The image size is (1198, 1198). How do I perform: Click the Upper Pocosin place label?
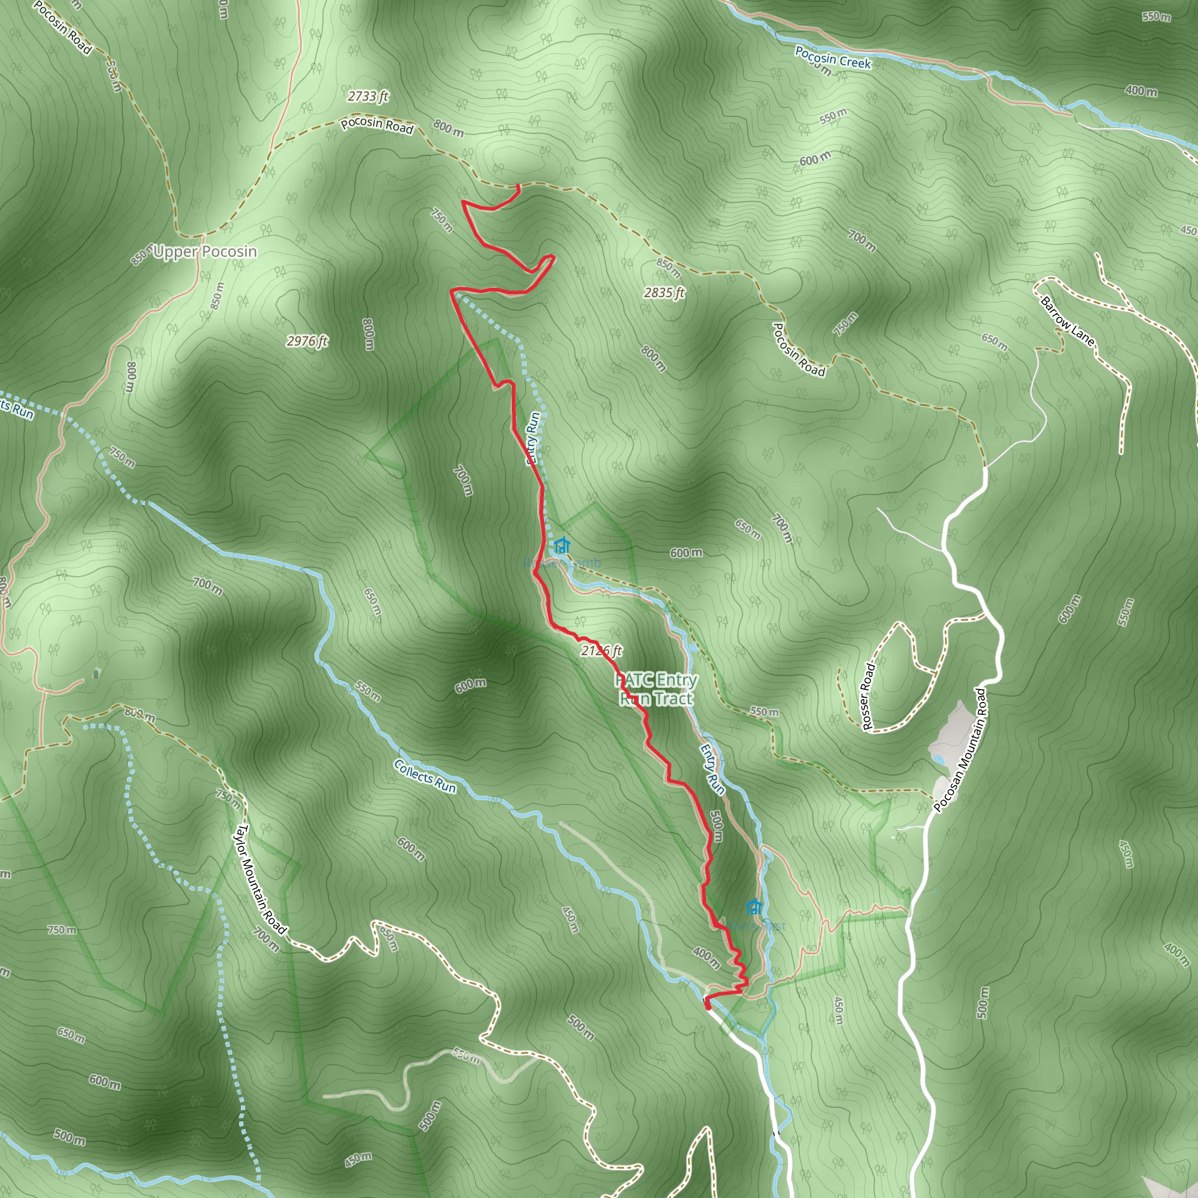point(205,252)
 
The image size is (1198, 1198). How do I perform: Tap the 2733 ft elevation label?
point(368,96)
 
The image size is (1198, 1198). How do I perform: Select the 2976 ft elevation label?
point(307,341)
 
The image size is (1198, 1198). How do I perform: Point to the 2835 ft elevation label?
point(664,292)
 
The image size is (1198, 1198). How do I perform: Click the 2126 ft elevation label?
point(601,650)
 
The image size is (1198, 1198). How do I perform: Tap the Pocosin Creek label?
point(833,58)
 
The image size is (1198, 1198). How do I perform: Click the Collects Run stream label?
point(425,776)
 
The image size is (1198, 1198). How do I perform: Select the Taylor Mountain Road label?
point(259,879)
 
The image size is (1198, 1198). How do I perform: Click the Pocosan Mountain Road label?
point(959,750)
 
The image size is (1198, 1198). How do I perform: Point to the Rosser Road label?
point(868,696)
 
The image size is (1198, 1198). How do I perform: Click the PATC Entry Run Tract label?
point(656,689)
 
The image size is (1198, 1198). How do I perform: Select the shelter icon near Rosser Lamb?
point(562,546)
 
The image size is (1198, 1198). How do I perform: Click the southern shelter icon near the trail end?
point(753,907)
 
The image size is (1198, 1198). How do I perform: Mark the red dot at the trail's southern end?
point(708,1006)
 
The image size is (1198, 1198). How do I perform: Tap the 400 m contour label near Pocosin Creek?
point(1141,91)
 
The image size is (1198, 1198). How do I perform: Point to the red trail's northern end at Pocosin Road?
point(518,186)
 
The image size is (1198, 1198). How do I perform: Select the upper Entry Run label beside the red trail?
point(533,438)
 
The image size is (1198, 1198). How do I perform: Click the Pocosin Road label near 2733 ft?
point(377,125)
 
